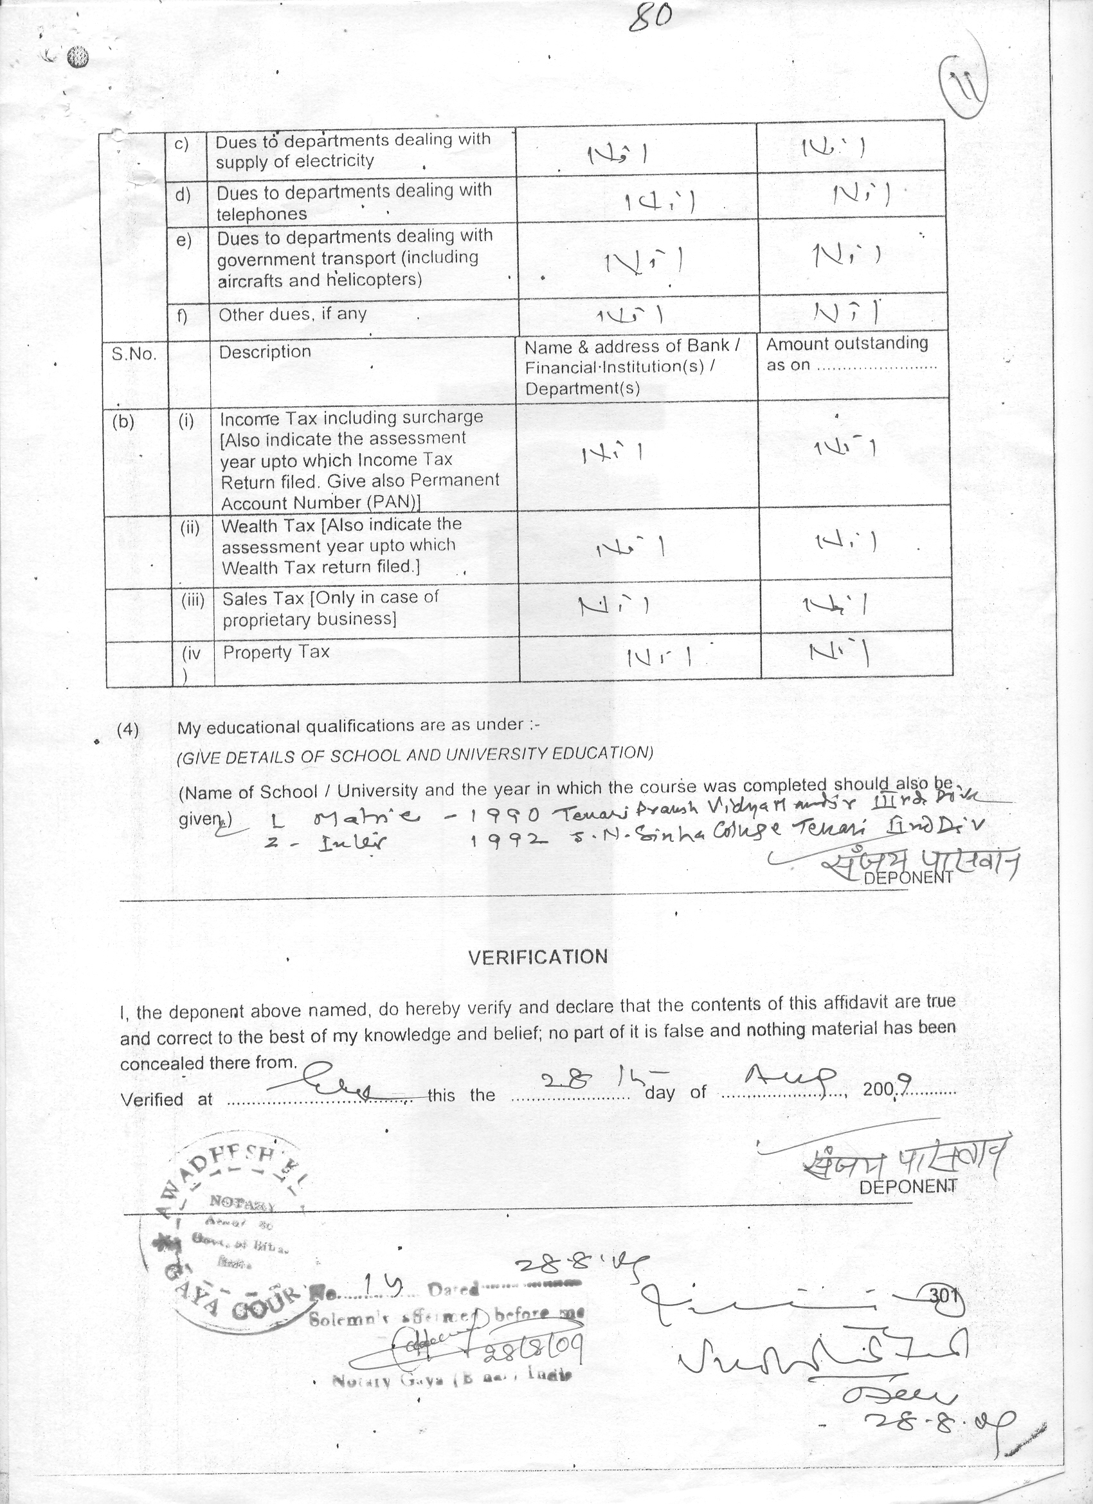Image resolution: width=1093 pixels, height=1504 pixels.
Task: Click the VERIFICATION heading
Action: point(537,956)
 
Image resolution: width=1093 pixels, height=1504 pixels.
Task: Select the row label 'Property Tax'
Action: point(276,652)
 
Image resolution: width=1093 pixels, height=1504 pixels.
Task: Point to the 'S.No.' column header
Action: point(134,354)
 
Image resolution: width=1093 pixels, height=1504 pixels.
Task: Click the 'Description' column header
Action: point(265,352)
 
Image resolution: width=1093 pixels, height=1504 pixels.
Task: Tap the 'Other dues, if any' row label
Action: point(292,314)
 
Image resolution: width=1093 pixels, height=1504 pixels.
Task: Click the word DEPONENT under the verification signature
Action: point(907,1186)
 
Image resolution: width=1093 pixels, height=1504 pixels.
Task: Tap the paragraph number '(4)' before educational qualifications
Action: point(129,730)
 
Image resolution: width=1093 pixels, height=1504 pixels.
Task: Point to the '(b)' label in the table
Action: point(123,422)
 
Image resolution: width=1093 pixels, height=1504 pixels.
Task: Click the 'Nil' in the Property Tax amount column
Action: point(838,654)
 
